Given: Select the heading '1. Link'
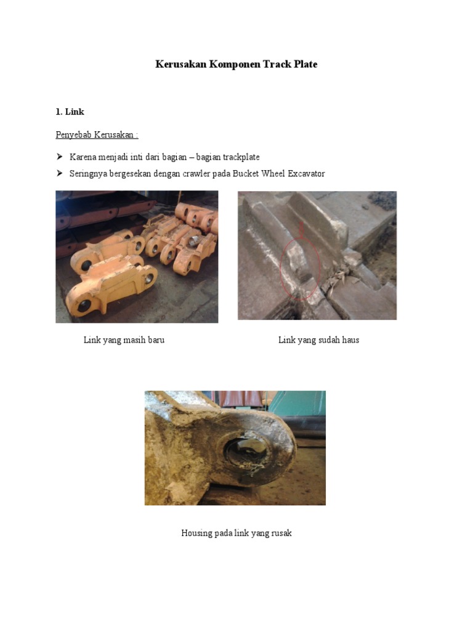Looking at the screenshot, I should point(70,112).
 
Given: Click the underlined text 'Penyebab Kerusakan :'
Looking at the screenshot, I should point(97,135).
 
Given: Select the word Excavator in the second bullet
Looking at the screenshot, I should point(304,174).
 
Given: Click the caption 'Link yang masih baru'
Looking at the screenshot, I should point(124,340).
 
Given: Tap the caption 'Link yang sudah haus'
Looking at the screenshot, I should point(318,340).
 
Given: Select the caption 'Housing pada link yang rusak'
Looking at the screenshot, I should point(236,533).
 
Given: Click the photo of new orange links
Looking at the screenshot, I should point(137,256).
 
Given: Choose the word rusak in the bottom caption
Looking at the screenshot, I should point(281,533).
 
